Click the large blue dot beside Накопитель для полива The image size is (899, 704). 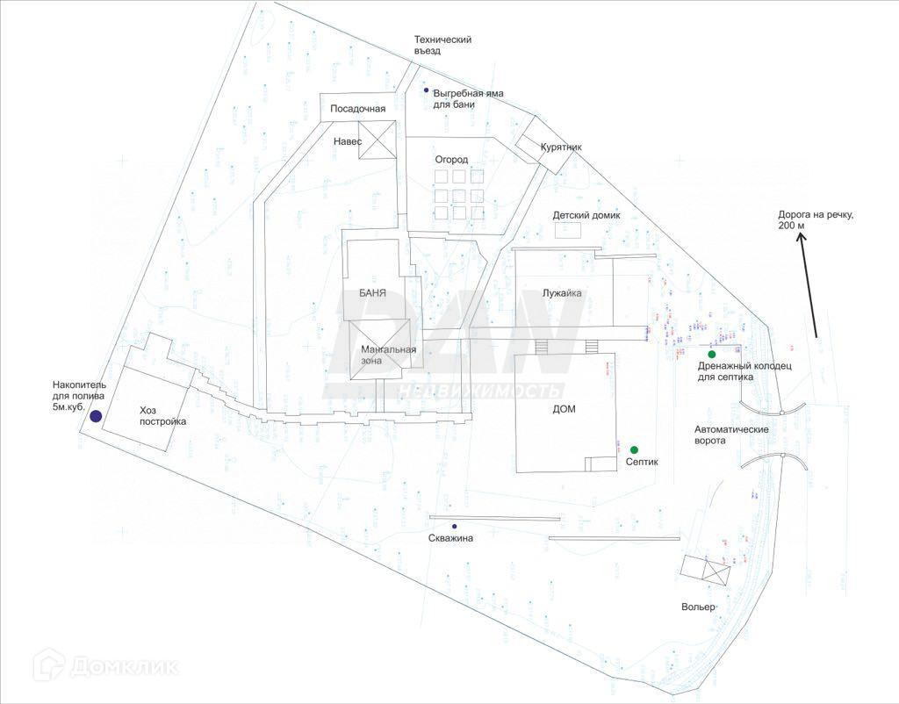[96, 416]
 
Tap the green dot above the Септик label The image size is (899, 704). [634, 449]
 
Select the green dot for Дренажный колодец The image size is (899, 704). [711, 354]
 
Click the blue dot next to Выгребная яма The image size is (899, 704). [427, 90]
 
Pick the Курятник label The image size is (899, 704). [561, 147]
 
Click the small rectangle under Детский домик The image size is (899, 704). [568, 230]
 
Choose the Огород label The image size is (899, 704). [452, 160]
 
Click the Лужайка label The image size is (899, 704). [563, 293]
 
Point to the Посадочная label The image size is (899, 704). [357, 109]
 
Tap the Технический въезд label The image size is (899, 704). [442, 45]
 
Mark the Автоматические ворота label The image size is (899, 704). [731, 435]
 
